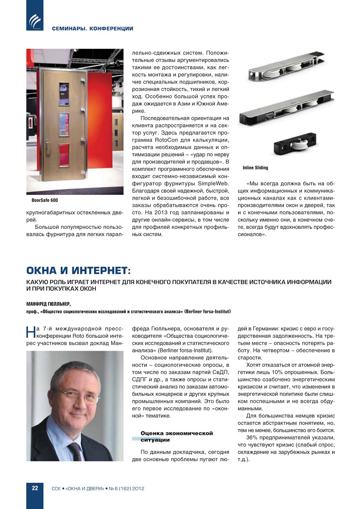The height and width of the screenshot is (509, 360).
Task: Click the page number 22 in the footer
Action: coord(35,488)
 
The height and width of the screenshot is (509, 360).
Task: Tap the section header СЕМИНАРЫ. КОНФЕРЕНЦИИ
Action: coord(93,29)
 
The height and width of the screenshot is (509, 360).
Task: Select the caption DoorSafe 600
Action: coord(45,200)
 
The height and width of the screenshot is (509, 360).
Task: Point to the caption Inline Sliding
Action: coord(255,168)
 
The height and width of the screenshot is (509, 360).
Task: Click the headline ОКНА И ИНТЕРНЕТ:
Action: coord(78,270)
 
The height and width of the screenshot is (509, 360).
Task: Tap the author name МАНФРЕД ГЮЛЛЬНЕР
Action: coord(48,304)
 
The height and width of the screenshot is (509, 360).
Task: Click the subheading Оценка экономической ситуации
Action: coord(176,436)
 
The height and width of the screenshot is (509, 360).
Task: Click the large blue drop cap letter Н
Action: coord(31,332)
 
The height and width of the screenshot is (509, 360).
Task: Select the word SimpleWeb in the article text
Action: coord(213,183)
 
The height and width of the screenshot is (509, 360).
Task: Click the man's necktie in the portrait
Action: coord(76,451)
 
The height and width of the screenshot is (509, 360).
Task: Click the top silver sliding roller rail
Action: coord(287,66)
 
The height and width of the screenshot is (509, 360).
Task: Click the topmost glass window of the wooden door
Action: coord(64,94)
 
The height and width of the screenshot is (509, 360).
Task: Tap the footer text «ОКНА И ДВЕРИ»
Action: coord(85,488)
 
